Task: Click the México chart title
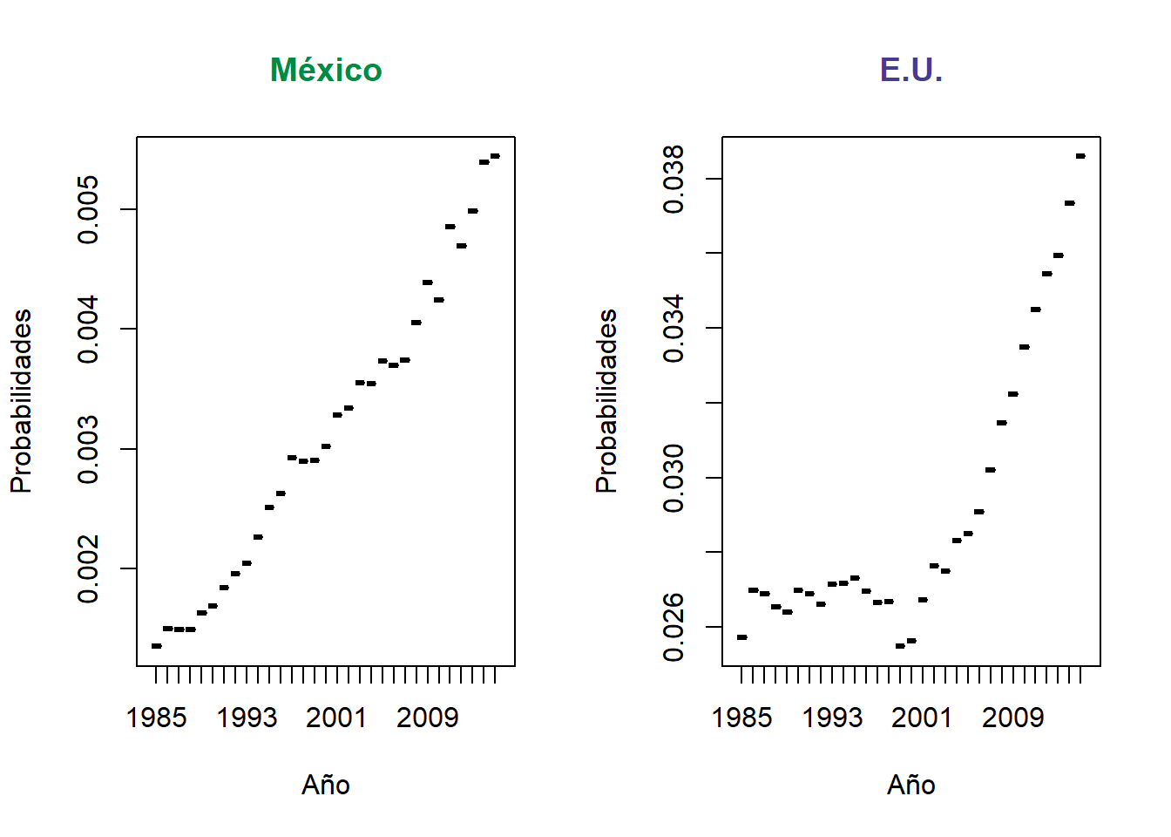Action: coord(326,71)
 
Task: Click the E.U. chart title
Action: coord(911,71)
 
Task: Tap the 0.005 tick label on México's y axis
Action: coord(89,209)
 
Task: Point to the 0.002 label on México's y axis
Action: coord(89,568)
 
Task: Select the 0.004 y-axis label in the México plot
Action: coord(89,329)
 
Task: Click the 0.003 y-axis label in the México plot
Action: coord(89,449)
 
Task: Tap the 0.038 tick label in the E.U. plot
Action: coord(674,179)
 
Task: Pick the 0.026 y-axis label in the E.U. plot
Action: coord(674,627)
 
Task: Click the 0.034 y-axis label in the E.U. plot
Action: coord(674,328)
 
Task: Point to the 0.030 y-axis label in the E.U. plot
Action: coord(674,478)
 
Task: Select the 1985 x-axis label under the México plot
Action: coord(157,718)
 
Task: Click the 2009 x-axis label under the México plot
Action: coord(427,718)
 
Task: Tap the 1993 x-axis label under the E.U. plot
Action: coord(832,718)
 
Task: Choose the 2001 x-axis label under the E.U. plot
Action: coord(922,718)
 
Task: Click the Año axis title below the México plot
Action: coord(326,786)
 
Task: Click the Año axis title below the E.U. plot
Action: coord(911,786)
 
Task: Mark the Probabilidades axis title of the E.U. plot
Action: coord(606,401)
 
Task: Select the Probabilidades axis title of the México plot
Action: coord(21,401)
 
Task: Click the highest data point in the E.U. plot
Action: coord(1080,156)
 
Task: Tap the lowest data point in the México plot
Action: coord(157,646)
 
